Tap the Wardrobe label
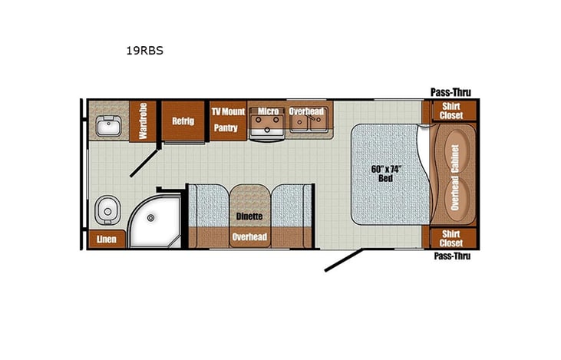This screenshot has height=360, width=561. [143, 121]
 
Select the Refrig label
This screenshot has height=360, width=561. [182, 121]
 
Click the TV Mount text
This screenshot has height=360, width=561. [228, 112]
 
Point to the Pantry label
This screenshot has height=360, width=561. [226, 128]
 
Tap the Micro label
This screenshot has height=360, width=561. [268, 112]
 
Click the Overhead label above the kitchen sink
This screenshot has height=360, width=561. [306, 112]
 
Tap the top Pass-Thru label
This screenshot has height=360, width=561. [450, 93]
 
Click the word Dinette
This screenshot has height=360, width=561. [249, 217]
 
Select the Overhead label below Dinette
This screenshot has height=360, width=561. [249, 238]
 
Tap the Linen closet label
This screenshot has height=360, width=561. [106, 239]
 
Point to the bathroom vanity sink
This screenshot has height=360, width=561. [107, 125]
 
